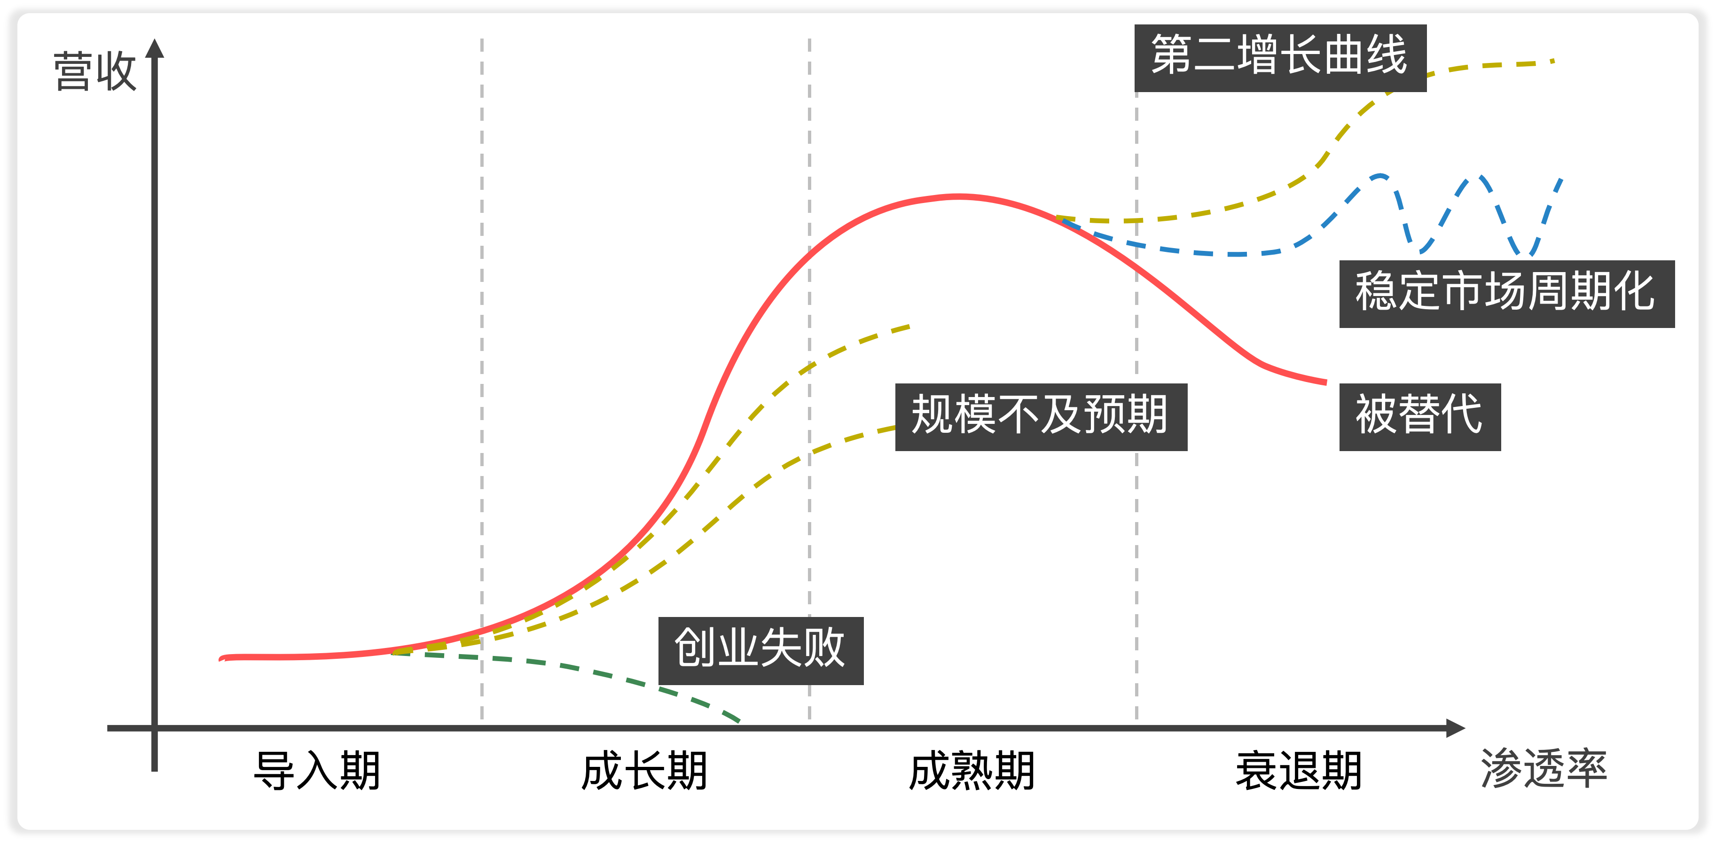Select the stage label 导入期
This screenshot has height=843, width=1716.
[317, 771]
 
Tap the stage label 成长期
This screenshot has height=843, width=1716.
[644, 771]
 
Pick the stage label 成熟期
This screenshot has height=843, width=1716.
[972, 771]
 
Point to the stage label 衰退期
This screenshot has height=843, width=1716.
[1299, 771]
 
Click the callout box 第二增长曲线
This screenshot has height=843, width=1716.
[1280, 57]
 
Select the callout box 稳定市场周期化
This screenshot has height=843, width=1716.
[1506, 294]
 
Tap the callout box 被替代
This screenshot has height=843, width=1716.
[1419, 417]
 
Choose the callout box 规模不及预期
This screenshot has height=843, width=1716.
[1041, 417]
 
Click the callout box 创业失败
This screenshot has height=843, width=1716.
[761, 650]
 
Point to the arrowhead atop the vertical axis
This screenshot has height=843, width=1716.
[155, 48]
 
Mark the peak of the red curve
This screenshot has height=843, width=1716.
[958, 196]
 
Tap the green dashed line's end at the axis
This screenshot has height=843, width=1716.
[738, 720]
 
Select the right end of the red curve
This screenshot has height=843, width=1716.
[1325, 382]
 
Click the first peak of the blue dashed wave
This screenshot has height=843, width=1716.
[1379, 177]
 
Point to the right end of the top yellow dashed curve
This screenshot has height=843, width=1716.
[1553, 61]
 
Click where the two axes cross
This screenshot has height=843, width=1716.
[155, 728]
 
